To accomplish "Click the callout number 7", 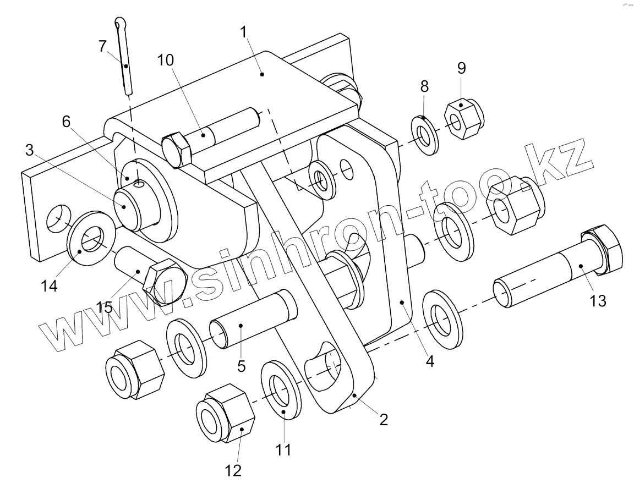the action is pos(103,46).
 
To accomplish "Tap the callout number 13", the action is pos(598,301).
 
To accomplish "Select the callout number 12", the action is pos(233,470).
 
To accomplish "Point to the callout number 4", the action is pos(430,361).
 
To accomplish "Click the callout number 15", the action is pos(104,307).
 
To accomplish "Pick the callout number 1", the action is pos(243,32).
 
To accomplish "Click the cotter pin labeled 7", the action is pos(124,56).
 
